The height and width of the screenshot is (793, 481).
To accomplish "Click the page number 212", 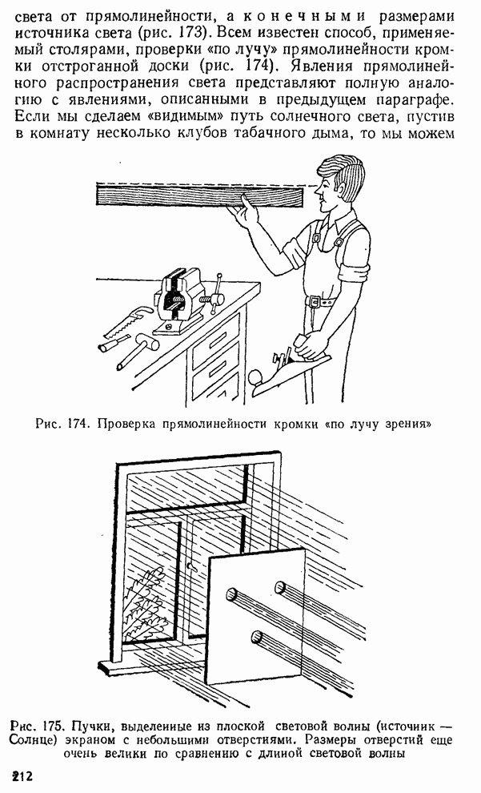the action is (x=22, y=776).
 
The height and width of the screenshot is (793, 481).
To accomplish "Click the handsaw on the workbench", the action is (x=127, y=321).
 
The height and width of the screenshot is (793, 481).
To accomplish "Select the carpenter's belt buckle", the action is (x=314, y=302).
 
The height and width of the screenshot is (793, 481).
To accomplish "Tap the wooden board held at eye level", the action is (x=200, y=195).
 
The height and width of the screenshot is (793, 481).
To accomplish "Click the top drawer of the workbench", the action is (x=217, y=338).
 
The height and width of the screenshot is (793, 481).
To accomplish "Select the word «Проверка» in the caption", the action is (x=127, y=425).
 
